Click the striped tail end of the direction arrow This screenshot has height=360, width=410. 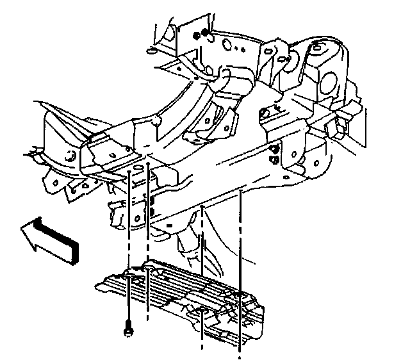point(70,247)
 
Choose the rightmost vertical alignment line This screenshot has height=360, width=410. point(240,269)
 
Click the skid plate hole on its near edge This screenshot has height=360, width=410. point(201,313)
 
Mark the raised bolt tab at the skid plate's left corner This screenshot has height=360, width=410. point(131,275)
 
